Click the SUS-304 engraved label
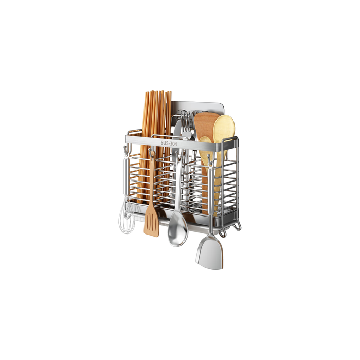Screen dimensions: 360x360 coord(169,143)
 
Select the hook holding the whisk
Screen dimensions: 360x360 coord(125,150)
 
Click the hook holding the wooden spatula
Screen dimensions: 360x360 coord(151,153)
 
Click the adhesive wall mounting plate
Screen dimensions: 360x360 coord(206,107)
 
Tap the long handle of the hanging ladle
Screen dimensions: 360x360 coord(178,190)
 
